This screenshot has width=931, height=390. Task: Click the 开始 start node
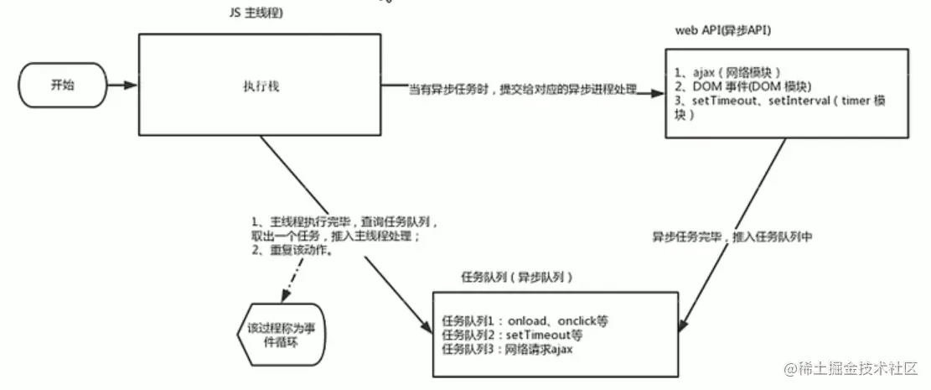tap(64, 86)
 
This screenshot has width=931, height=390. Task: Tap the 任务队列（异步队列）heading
tap(518, 276)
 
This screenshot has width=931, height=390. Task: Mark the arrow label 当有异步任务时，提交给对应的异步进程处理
tap(523, 89)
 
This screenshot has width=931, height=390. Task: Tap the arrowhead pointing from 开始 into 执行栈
tap(132, 86)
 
